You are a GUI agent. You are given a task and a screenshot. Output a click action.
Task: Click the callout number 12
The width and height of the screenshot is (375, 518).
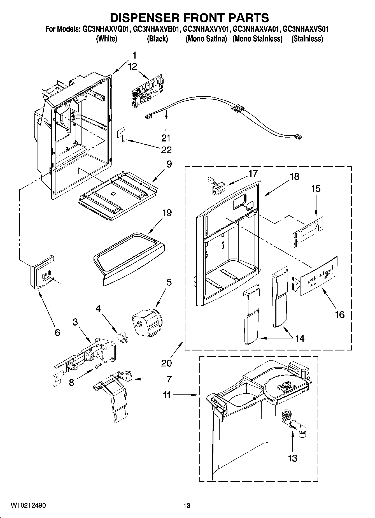pos(132,67)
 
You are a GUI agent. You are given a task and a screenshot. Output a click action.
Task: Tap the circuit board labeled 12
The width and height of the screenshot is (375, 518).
pos(148,91)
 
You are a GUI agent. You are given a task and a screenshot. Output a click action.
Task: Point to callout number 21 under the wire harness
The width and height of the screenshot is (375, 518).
pos(166,138)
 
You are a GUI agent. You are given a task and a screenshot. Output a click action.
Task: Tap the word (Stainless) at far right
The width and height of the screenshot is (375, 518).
pos(307,39)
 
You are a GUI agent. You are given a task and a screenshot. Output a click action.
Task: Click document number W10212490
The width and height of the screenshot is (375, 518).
pos(28,505)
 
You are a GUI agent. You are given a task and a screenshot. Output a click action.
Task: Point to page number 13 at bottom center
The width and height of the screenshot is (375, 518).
pos(187,505)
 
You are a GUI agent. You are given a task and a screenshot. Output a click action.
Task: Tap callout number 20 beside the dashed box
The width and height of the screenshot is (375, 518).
pos(166,363)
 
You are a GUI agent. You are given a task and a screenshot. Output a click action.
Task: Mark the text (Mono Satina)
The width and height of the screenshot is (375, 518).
pos(206,39)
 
